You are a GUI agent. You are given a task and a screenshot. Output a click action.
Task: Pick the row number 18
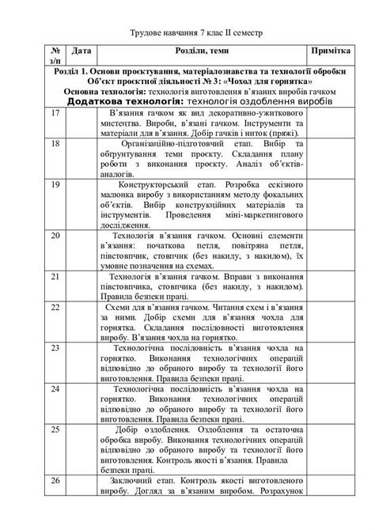pos(55,145)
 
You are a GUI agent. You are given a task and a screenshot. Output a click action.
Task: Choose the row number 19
pos(55,185)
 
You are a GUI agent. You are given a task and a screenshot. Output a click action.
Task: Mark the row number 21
pos(55,277)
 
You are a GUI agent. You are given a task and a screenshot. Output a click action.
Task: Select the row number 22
pos(55,307)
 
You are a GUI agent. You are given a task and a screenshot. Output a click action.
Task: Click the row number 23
pos(55,348)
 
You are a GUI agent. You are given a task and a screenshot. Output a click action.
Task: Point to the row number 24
pos(55,389)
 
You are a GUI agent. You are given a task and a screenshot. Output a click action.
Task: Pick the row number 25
pos(55,430)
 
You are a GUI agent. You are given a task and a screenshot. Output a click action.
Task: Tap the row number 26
pos(55,481)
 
